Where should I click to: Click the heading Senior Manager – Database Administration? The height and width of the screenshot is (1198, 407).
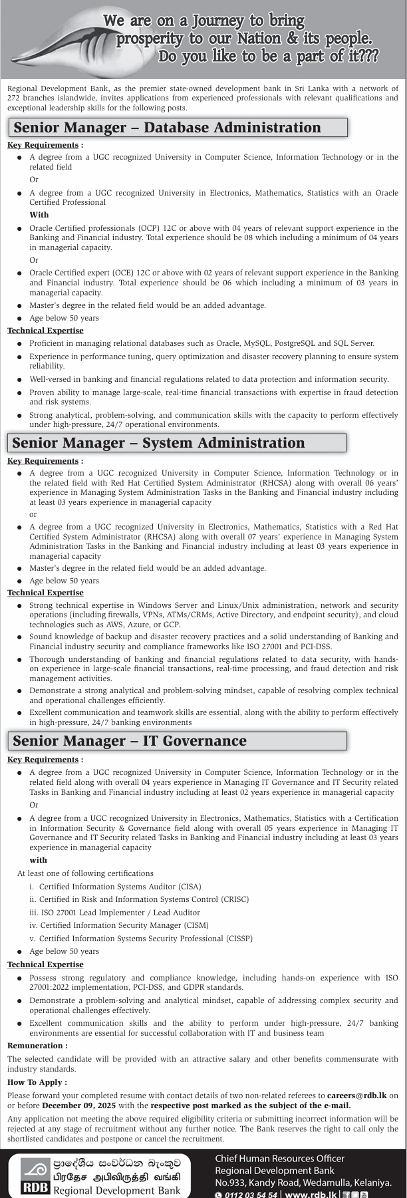[x=167, y=128]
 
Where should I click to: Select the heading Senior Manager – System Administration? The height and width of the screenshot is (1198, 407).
[x=158, y=443]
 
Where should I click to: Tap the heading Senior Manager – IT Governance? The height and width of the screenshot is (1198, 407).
[x=130, y=741]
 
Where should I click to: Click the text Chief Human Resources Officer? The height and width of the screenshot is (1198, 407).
[x=279, y=1159]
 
